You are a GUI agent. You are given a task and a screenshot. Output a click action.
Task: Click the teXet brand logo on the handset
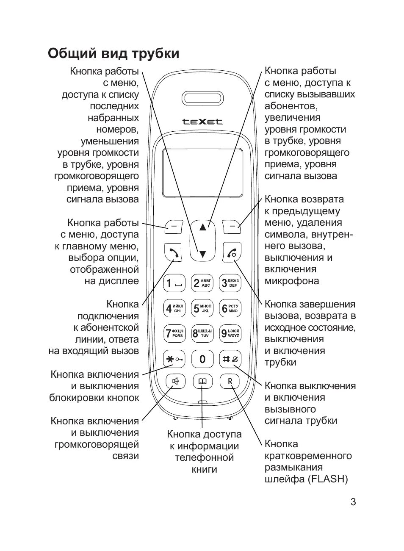(202, 122)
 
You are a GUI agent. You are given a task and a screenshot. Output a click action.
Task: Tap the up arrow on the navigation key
(202, 227)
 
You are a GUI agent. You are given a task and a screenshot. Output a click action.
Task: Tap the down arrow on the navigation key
(202, 254)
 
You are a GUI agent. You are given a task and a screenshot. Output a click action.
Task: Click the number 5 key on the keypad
(202, 309)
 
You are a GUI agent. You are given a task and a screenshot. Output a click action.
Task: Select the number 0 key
(202, 359)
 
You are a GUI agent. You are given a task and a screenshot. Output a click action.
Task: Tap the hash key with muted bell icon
(230, 359)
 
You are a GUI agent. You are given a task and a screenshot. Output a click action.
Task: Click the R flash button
(230, 382)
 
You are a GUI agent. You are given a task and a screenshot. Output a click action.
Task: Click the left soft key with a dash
(174, 227)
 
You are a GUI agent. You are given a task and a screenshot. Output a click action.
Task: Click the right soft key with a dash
(231, 227)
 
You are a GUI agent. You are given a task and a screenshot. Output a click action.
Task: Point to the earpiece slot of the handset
(202, 97)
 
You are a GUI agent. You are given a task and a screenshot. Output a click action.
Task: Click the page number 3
(353, 502)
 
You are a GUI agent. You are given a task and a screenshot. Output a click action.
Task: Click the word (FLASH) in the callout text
(328, 479)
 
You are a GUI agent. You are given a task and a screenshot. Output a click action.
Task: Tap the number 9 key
(230, 334)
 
